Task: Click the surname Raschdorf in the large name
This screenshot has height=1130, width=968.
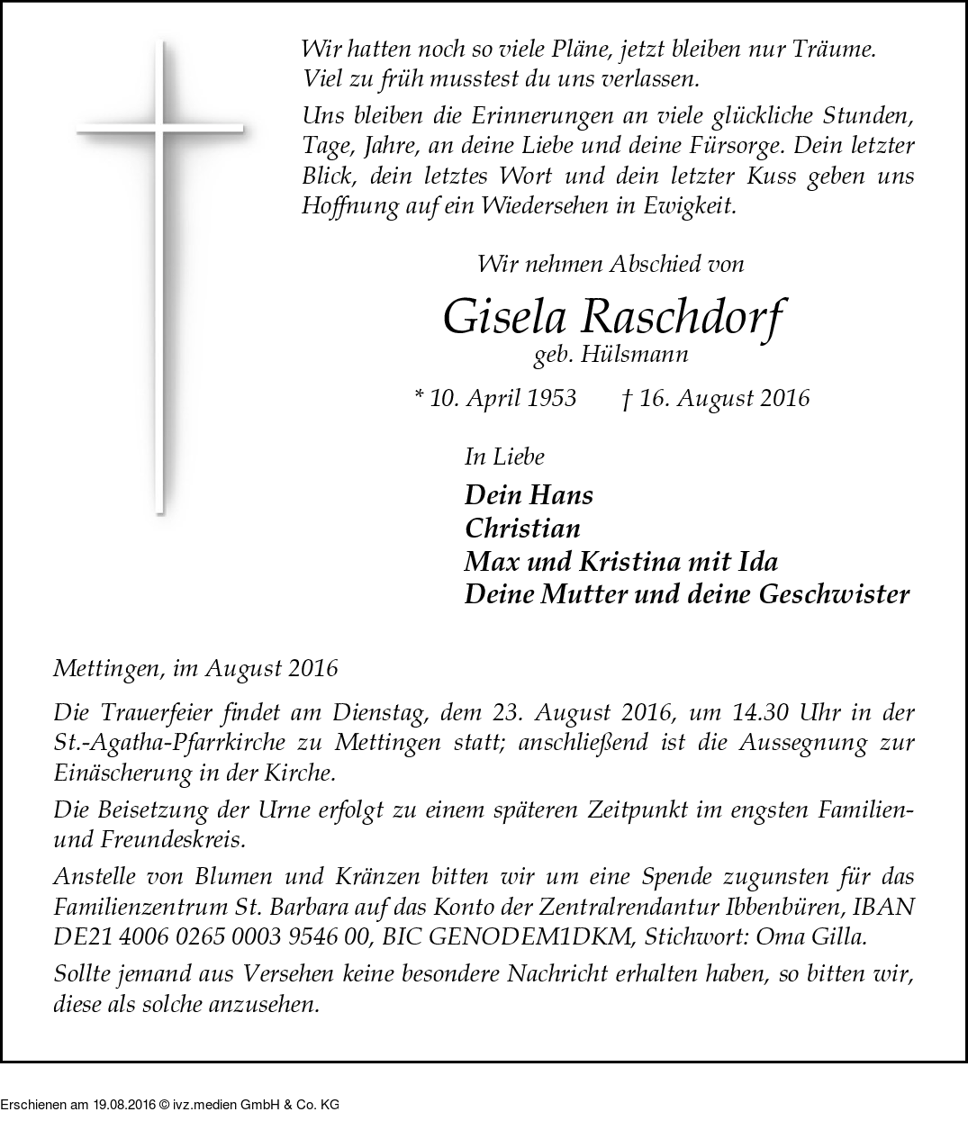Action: pyautogui.click(x=683, y=317)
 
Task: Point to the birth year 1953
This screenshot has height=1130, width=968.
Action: pyautogui.click(x=551, y=398)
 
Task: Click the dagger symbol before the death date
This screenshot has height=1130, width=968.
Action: pyautogui.click(x=627, y=397)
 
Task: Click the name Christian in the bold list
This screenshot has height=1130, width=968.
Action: pyautogui.click(x=522, y=528)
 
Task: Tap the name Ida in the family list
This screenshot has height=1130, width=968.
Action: pyautogui.click(x=759, y=561)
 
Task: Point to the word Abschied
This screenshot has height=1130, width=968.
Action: pyautogui.click(x=654, y=264)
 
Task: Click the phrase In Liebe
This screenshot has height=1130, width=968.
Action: pyautogui.click(x=504, y=457)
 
